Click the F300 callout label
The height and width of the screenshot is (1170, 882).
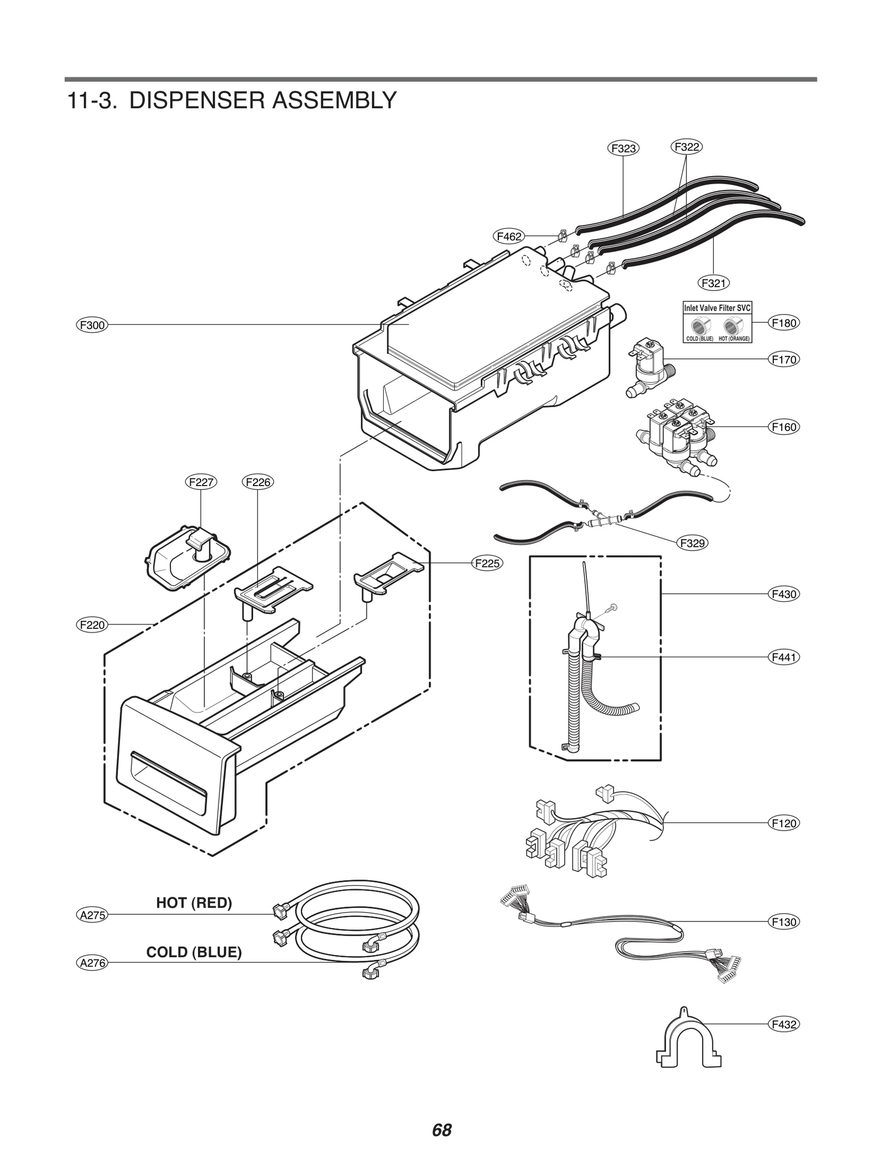click(92, 325)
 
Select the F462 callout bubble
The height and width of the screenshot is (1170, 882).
click(508, 236)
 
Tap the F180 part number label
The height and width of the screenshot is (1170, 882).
click(783, 323)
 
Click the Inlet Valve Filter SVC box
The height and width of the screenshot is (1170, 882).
click(717, 322)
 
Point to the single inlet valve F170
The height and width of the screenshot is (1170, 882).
click(648, 366)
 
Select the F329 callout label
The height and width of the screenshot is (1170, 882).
click(692, 543)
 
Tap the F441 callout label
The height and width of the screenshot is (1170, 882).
click(783, 657)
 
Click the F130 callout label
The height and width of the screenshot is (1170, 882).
click(783, 921)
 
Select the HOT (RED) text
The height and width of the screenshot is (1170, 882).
click(194, 903)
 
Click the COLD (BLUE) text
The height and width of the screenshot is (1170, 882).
click(194, 952)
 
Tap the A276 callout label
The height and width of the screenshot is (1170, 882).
click(92, 963)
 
